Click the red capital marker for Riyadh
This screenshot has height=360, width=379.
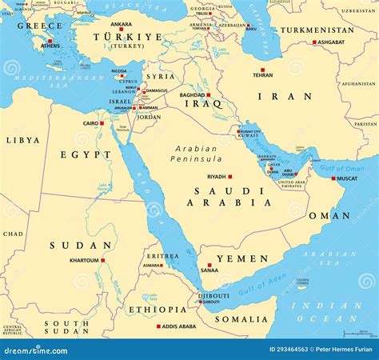pyautogui.click(x=230, y=177)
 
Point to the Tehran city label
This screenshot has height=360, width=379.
pyautogui.click(x=262, y=75)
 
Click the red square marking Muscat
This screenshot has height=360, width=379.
pyautogui.click(x=333, y=178)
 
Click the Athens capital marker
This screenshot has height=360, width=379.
pyautogui.click(x=50, y=41)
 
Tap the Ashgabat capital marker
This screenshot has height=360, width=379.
pyautogui.click(x=313, y=42)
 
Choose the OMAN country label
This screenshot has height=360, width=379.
pyautogui.click(x=329, y=215)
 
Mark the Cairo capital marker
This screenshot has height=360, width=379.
pyautogui.click(x=103, y=123)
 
